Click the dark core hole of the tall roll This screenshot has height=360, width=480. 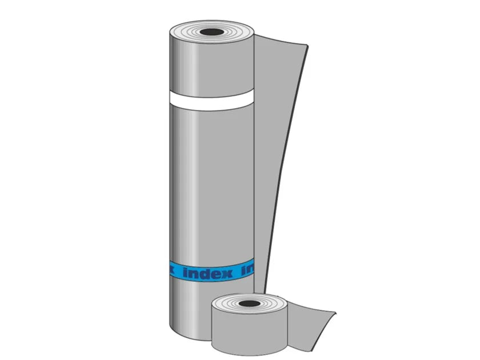point(211,34)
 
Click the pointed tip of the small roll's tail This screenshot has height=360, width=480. point(336,311)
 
